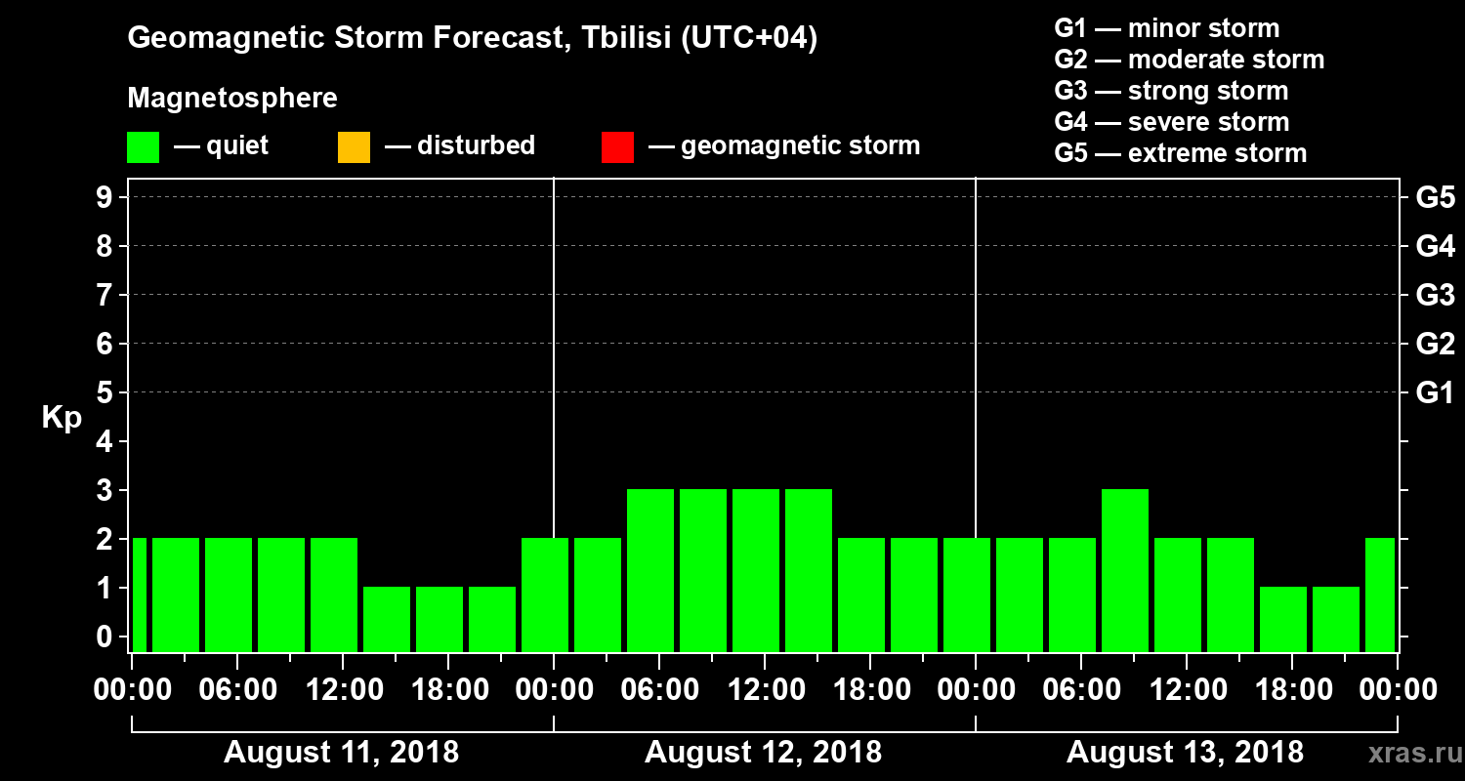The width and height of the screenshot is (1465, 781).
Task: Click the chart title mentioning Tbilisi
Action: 473,39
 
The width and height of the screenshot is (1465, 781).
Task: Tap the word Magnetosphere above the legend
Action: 232,99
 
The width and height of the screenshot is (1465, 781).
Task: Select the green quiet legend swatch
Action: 143,147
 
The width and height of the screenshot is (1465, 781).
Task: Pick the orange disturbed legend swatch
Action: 354,147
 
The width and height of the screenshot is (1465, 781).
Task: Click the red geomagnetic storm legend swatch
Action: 617,147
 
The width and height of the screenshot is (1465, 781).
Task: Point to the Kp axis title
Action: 62,417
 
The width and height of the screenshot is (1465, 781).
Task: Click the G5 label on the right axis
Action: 1435,198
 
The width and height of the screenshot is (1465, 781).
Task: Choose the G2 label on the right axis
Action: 1435,345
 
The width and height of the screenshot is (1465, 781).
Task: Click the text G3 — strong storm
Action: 1171,91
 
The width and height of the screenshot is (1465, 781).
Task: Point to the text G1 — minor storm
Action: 1167,28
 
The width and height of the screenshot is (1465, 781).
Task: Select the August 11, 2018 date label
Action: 342,753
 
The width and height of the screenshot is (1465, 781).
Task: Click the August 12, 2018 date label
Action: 763,753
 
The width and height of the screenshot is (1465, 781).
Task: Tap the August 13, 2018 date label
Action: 1185,753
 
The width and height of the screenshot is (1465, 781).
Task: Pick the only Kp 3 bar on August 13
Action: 1125,570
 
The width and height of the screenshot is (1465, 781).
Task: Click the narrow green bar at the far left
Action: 139,595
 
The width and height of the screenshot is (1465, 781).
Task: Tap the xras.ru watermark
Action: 1407,753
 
